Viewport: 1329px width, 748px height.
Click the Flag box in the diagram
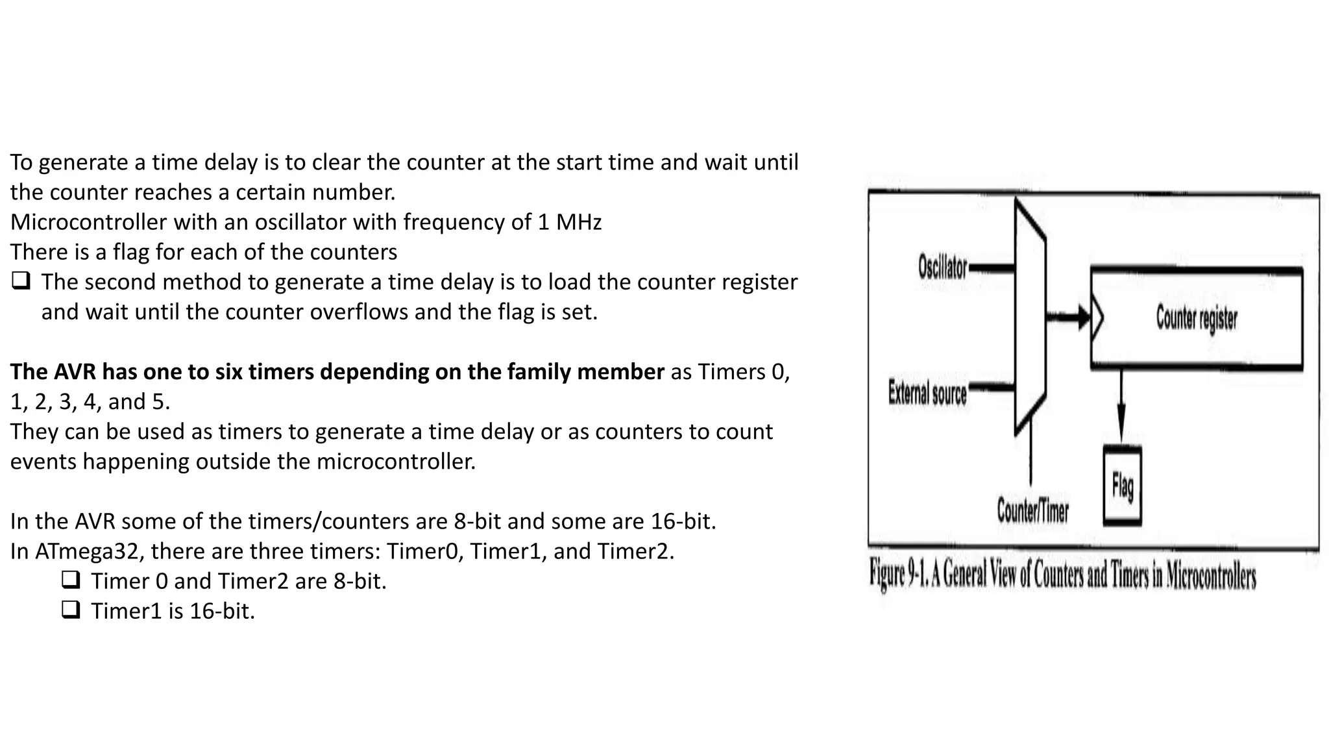pyautogui.click(x=1122, y=485)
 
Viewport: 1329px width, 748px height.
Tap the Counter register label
pyautogui.click(x=1196, y=319)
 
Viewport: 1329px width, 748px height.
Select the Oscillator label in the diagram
pyautogui.click(x=942, y=267)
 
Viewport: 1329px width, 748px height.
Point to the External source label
pyautogui.click(x=927, y=393)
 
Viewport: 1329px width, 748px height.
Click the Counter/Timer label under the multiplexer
pyautogui.click(x=1032, y=510)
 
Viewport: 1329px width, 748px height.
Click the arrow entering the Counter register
pyautogui.click(x=1069, y=318)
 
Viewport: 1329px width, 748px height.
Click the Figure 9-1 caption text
pyautogui.click(x=1062, y=575)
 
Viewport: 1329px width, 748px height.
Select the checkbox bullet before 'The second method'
pyautogui.click(x=21, y=281)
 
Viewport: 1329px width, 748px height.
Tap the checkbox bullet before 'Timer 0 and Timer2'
pyautogui.click(x=71, y=580)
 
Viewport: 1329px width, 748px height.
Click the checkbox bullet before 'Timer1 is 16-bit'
pyautogui.click(x=71, y=610)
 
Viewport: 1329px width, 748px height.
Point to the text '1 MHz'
pyautogui.click(x=569, y=222)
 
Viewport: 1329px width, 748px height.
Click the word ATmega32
pyautogui.click(x=89, y=551)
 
